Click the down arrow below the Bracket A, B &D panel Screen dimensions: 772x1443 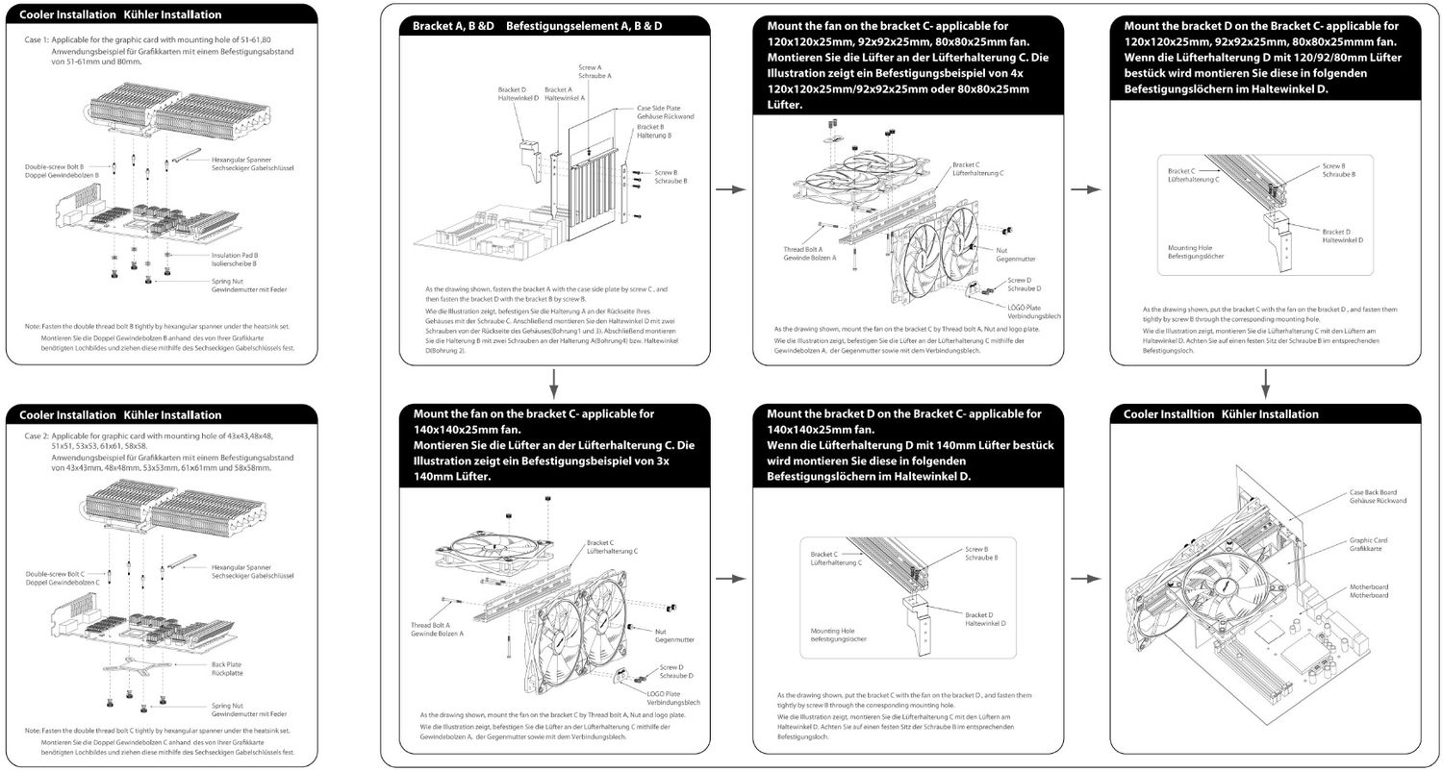point(554,386)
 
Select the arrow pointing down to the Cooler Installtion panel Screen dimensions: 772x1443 point(1265,384)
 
